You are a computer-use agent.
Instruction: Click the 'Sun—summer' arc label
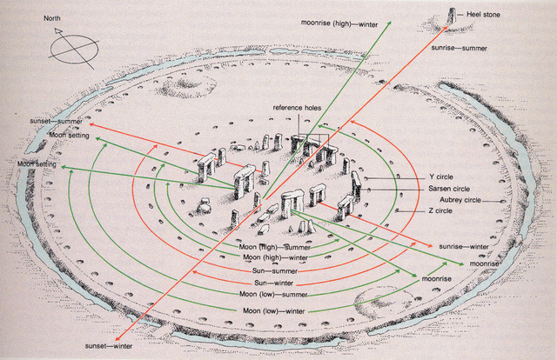coord(272,270)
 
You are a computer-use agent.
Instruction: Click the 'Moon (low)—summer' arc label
coord(273,295)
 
